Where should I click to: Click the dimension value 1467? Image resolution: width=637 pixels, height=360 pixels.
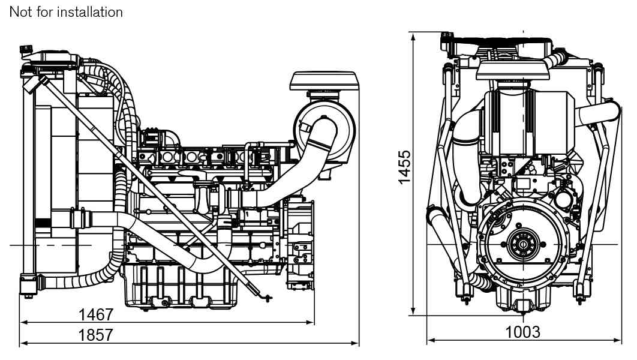(96, 314)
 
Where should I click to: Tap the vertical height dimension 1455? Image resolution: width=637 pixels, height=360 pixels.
(405, 167)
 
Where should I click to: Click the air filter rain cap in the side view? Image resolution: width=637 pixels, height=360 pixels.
(324, 80)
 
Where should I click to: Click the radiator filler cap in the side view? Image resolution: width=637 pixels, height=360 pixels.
(25, 48)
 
